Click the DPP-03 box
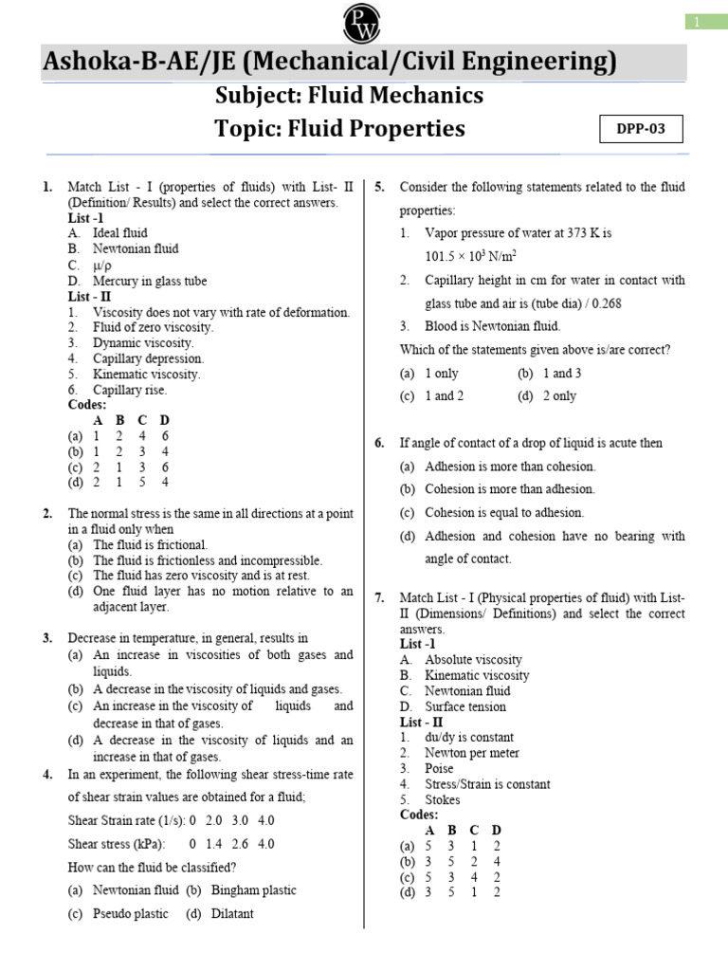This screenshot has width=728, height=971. (642, 129)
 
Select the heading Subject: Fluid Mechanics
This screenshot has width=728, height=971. (350, 95)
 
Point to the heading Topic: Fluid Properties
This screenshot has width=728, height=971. (340, 128)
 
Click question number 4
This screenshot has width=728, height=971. (47, 774)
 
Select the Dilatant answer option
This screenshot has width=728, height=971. (231, 914)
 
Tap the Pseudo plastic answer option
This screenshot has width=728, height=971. (130, 914)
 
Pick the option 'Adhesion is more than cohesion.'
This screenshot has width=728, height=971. (510, 467)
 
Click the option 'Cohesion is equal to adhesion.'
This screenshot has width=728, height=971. (504, 513)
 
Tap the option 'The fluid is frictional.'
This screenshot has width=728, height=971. (150, 545)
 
